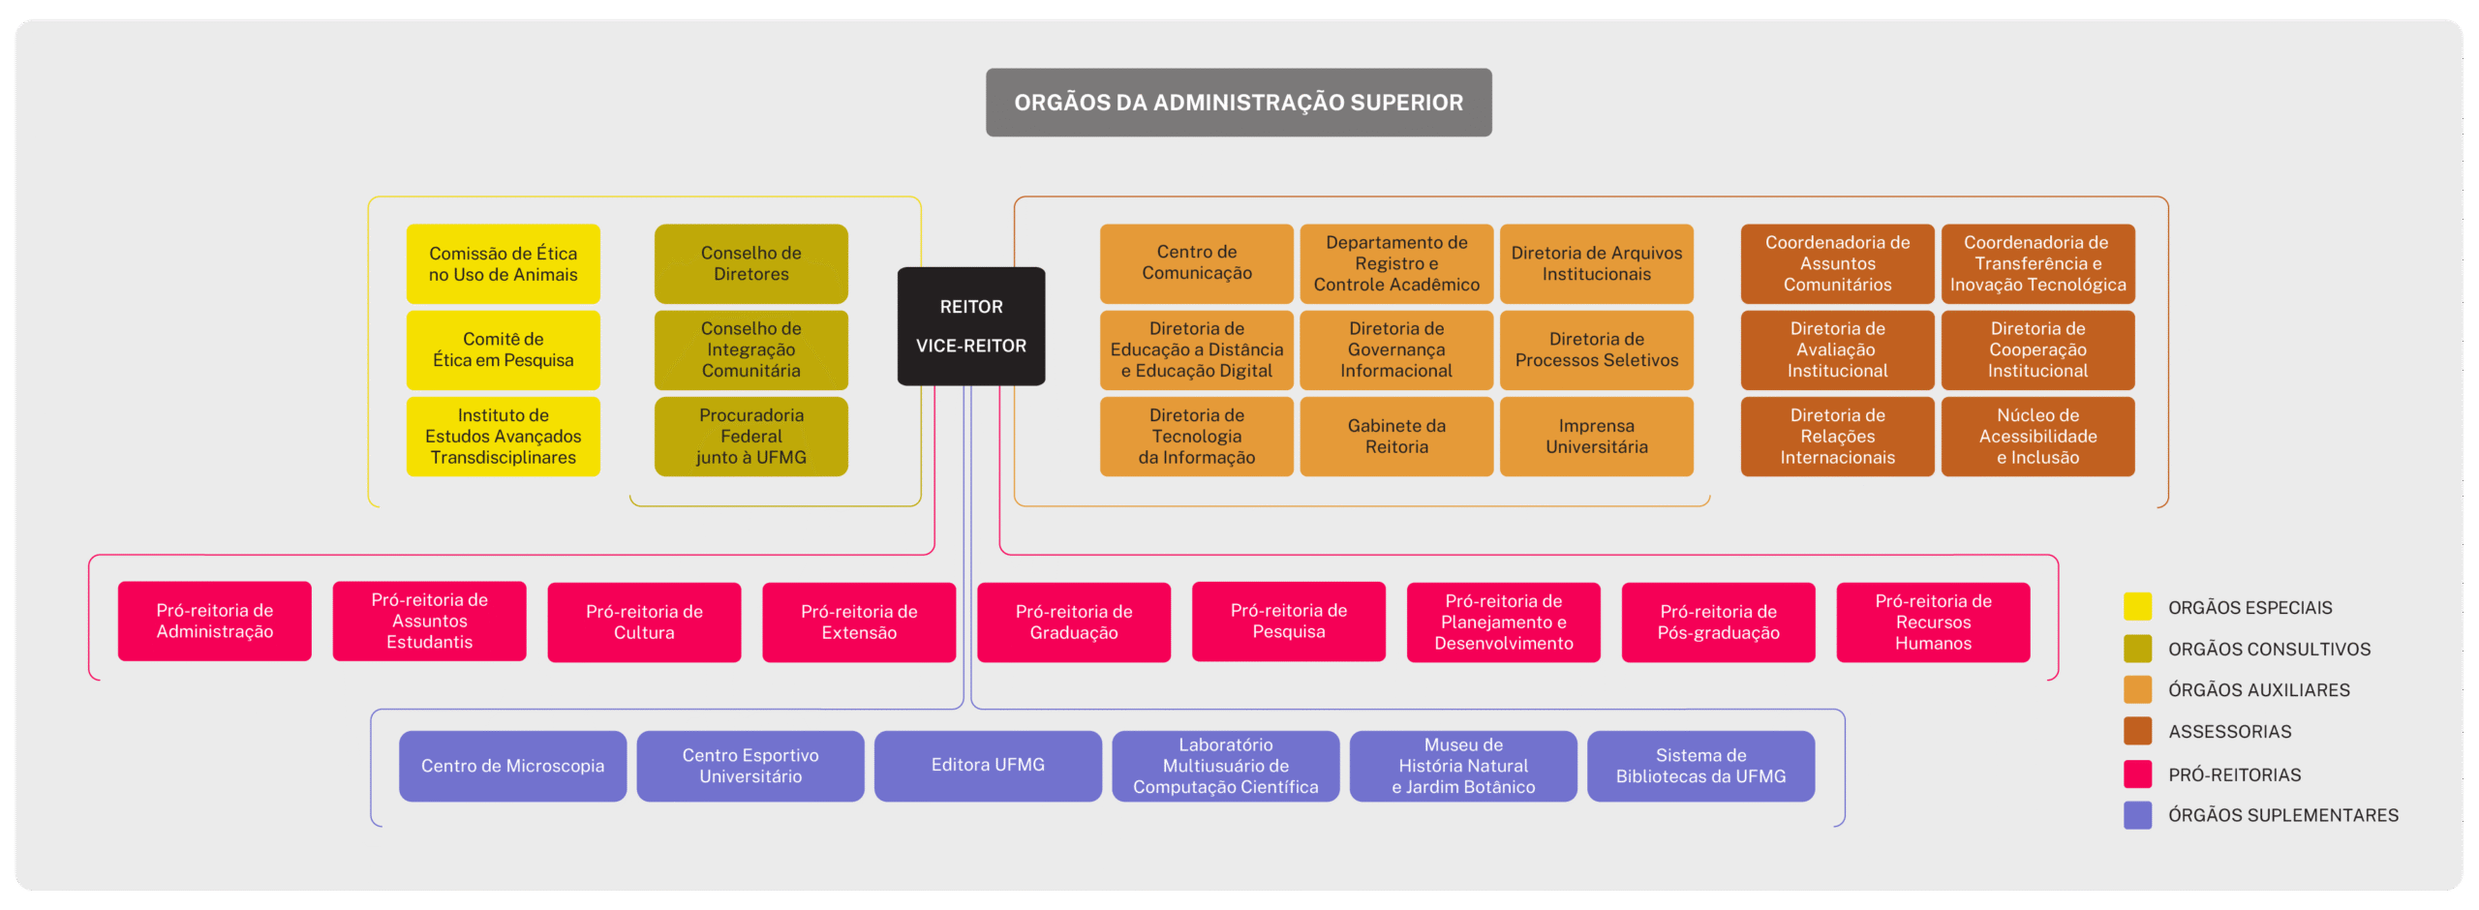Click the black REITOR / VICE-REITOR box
point(971,326)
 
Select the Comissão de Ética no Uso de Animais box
point(503,264)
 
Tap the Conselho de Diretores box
point(750,264)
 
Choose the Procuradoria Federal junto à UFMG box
point(750,437)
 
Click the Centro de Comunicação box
point(1196,263)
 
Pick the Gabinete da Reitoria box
point(1396,437)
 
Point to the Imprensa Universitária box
point(1596,437)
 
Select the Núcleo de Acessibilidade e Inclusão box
point(2037,437)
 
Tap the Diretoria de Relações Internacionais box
point(1837,437)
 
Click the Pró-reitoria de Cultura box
point(644,622)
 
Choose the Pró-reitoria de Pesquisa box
point(1288,622)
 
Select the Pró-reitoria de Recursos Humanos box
point(1933,622)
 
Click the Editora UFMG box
point(988,766)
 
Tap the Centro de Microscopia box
point(512,766)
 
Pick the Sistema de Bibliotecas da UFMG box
point(1700,766)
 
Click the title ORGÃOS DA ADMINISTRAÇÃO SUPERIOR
point(1239,103)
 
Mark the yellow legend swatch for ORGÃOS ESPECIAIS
point(2137,607)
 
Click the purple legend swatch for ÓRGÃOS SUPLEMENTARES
point(2137,815)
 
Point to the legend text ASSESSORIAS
point(2229,732)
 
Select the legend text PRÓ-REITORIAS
point(2234,774)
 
